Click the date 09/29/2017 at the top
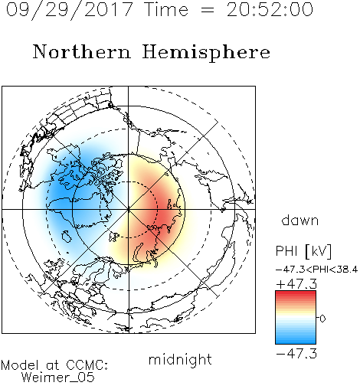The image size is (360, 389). pyautogui.click(x=70, y=10)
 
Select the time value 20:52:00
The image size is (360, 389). pyautogui.click(x=270, y=9)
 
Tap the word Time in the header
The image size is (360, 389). pyautogui.click(x=166, y=9)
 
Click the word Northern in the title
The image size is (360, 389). pyautogui.click(x=82, y=51)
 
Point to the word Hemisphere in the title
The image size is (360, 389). pyautogui.click(x=206, y=53)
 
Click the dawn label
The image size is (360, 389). pyautogui.click(x=300, y=220)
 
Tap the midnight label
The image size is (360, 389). pyautogui.click(x=180, y=359)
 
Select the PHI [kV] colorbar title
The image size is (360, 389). pyautogui.click(x=303, y=251)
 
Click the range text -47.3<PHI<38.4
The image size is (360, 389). pyautogui.click(x=316, y=270)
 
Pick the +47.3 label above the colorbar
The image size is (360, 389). pyautogui.click(x=296, y=284)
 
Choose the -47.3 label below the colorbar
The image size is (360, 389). pyautogui.click(x=296, y=354)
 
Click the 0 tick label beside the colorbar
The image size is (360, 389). pyautogui.click(x=322, y=319)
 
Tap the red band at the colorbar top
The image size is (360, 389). pyautogui.click(x=296, y=294)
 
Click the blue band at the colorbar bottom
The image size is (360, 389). pyautogui.click(x=296, y=341)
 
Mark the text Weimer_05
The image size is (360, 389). pyautogui.click(x=58, y=378)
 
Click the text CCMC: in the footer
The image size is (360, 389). pyautogui.click(x=87, y=365)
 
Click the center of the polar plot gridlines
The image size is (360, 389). pyautogui.click(x=129, y=209)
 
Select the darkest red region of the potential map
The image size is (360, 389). pyautogui.click(x=163, y=212)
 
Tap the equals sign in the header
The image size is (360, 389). pyautogui.click(x=208, y=10)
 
